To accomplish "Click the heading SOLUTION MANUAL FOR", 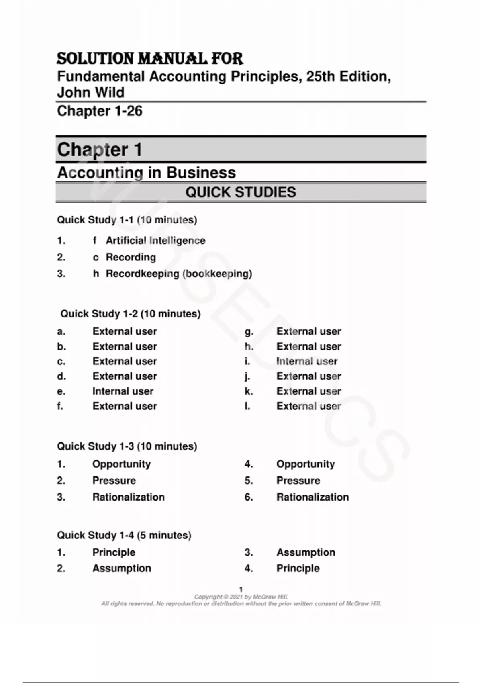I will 149,59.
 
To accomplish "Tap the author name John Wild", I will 91,92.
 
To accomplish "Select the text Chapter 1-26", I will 100,111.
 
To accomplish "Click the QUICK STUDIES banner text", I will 241,192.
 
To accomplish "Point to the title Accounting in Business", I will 147,172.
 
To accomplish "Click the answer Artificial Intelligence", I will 155,241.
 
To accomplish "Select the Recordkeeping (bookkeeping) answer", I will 179,274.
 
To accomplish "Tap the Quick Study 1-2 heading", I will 130,314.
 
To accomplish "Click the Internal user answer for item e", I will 123,391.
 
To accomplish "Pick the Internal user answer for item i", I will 307,361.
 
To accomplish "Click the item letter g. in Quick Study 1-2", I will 249,331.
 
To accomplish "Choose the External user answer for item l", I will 308,406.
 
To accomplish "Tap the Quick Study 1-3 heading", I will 127,446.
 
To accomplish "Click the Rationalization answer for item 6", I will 312,497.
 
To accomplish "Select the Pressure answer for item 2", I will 114,481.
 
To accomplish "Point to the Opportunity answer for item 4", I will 305,464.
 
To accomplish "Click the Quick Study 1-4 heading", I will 124,535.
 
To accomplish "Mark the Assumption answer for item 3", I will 306,552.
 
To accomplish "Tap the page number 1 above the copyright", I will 241,589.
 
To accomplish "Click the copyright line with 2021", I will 241,597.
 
